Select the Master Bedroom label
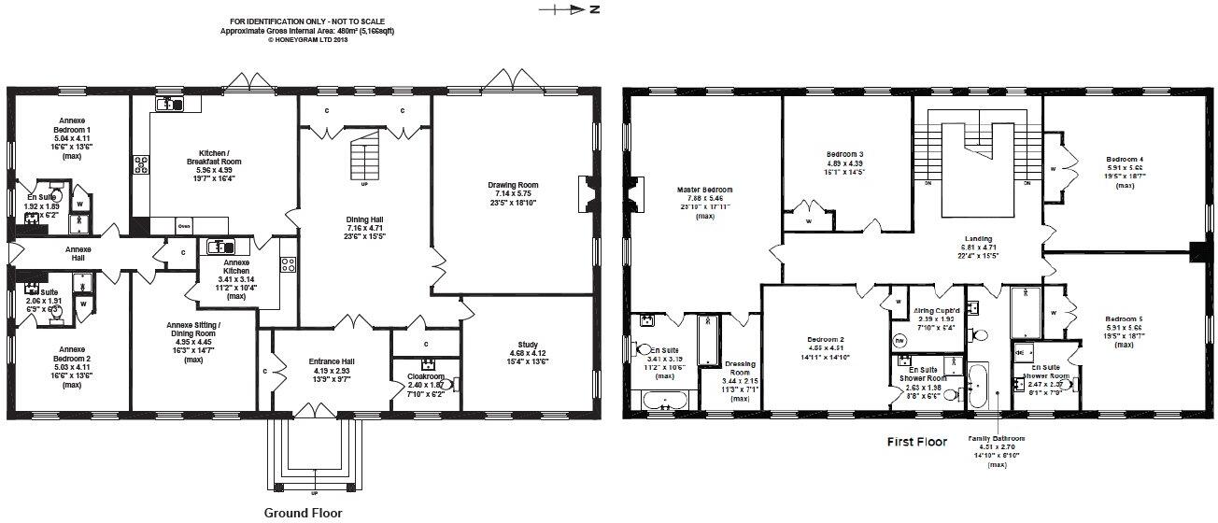(704, 190)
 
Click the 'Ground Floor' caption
(303, 513)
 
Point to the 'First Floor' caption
(916, 442)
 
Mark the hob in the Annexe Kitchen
(289, 264)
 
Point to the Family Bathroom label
(996, 439)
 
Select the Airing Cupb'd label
(936, 309)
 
